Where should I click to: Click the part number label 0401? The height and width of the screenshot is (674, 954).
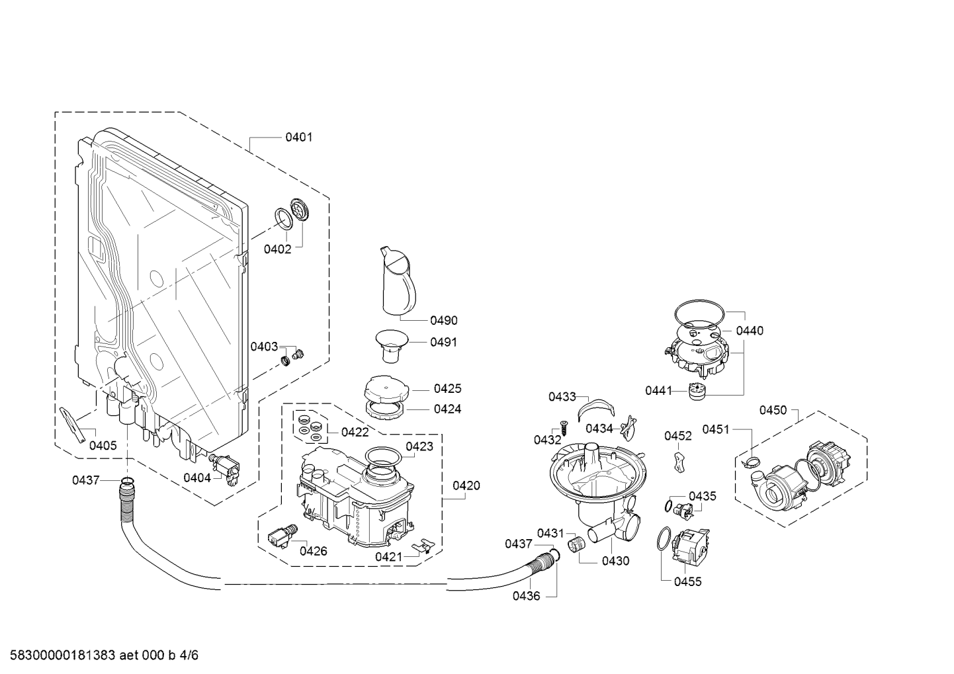coord(298,137)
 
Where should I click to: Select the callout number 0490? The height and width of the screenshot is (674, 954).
coord(444,320)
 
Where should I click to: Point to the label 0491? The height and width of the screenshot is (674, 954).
coord(443,342)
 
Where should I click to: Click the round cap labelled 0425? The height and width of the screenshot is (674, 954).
coord(386,389)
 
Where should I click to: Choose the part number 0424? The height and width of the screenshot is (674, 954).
coord(448,409)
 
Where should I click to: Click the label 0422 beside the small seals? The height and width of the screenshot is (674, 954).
coord(355,432)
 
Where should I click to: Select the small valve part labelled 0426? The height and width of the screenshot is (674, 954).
coord(282,536)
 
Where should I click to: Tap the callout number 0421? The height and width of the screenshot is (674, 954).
coord(388,557)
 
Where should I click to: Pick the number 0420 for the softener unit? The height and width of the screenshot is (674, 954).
coord(466,485)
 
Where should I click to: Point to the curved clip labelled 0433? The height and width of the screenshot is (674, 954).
coord(596,408)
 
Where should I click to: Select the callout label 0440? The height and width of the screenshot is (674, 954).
coord(750,331)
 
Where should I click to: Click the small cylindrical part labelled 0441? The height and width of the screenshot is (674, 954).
coord(696,390)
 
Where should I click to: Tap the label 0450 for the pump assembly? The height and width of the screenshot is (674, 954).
coord(773,411)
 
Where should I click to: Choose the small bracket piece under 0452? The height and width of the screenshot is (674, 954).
coord(679,462)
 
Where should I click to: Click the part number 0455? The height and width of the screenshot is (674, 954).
coord(688,581)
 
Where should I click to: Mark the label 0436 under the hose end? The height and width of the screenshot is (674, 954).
coord(527,596)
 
